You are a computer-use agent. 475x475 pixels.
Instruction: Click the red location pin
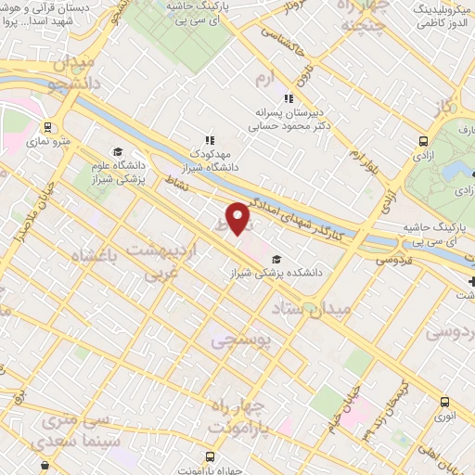click(238, 219)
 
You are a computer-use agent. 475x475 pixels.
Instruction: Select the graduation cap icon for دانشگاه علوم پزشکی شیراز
click(118, 151)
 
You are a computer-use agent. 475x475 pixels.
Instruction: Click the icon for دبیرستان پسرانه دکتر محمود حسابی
click(289, 97)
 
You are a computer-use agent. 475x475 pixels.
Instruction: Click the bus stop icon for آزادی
click(424, 141)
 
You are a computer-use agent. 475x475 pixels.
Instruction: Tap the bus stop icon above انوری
click(445, 403)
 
